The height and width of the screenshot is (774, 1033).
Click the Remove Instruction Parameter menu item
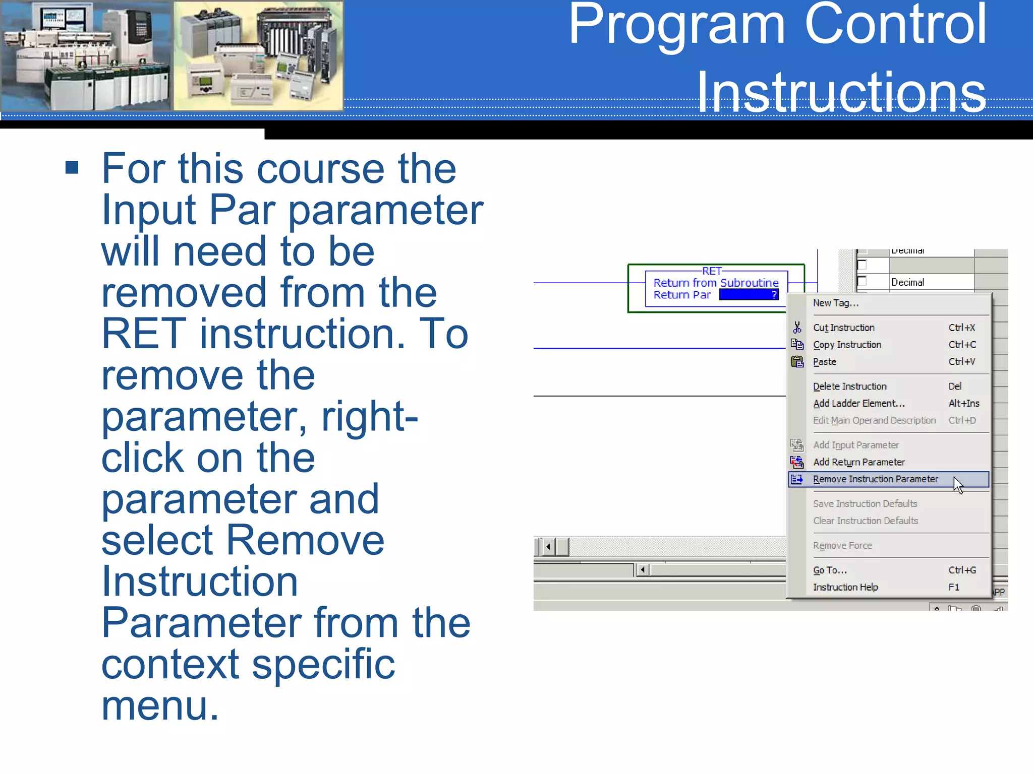pos(875,479)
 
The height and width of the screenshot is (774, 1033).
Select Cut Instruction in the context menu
pos(843,328)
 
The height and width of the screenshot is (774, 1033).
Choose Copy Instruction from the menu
pos(847,345)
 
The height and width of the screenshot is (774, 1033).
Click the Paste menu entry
pos(824,362)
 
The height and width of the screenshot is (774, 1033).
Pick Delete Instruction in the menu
pos(849,386)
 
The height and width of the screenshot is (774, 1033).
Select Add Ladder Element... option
pos(858,404)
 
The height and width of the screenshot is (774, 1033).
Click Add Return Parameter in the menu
pos(858,462)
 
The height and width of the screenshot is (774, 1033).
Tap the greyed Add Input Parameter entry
pos(855,445)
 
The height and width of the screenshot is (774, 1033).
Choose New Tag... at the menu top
pos(835,303)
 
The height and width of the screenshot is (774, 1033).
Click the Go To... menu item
pos(830,570)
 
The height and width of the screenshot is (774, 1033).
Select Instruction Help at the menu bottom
pos(845,588)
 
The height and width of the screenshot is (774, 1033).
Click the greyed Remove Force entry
pos(842,546)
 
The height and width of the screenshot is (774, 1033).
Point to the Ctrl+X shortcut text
pos(961,328)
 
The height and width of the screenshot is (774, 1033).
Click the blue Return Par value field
pos(749,295)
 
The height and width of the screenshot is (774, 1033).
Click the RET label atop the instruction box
pos(712,271)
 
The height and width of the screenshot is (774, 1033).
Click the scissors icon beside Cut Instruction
pos(797,328)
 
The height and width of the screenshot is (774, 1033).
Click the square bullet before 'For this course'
pos(72,168)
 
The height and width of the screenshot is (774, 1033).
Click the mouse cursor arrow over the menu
pos(958,485)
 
